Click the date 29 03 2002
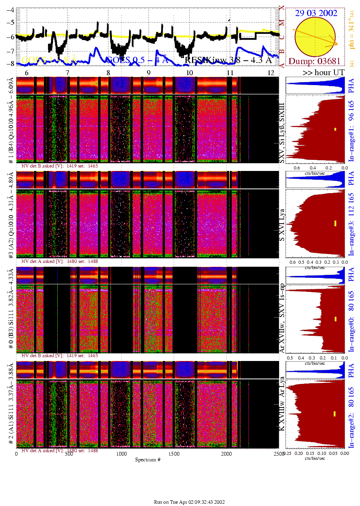tap(316, 13)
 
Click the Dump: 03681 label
tap(314, 61)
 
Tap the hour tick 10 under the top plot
tap(189, 73)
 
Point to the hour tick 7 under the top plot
tap(68, 73)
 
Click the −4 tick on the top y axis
tap(10, 10)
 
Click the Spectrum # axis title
tap(148, 459)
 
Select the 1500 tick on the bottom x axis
tap(174, 454)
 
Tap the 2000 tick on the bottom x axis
tap(226, 454)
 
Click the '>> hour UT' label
tap(323, 73)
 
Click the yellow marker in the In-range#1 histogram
tap(335, 129)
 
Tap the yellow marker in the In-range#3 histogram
tap(335, 223)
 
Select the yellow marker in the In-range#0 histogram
tap(335, 319)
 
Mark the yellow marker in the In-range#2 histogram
tap(335, 414)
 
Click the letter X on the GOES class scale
tap(282, 8)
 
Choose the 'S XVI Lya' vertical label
tap(282, 225)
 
